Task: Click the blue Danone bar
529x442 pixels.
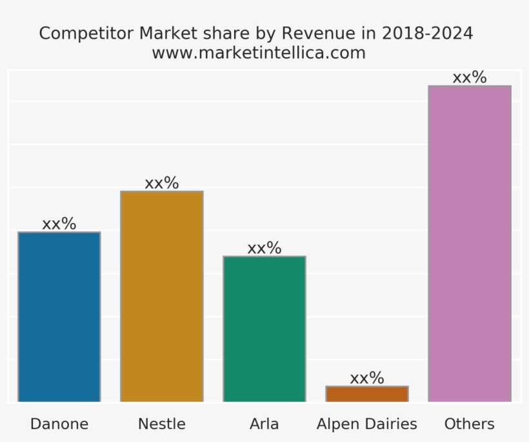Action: coord(59,317)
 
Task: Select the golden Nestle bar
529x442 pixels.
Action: coord(161,296)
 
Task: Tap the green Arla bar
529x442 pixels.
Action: coord(264,329)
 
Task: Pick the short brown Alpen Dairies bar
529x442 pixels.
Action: coord(367,394)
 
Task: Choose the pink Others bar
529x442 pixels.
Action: coord(470,244)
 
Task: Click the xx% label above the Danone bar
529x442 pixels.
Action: coord(59,224)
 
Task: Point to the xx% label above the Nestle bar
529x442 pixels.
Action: coord(161,183)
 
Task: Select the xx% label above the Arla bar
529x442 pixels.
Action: coord(264,248)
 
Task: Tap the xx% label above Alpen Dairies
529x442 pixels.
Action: coord(367,378)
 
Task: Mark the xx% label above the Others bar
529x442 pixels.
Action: coord(470,77)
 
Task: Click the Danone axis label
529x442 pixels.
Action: coord(59,424)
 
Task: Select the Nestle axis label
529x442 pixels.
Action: coord(161,424)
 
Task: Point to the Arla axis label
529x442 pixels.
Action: coord(264,424)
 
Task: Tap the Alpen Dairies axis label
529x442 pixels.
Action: coord(367,424)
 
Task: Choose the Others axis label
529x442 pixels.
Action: coord(470,424)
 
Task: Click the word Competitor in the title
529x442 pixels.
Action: coord(86,34)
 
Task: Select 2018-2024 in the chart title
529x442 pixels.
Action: coord(427,34)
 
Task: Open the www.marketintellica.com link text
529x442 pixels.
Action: coord(259,53)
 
